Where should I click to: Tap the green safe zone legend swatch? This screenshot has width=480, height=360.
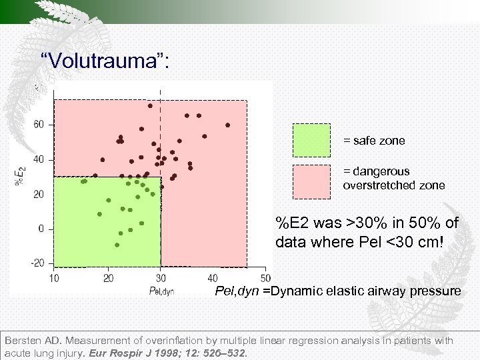coord(311,141)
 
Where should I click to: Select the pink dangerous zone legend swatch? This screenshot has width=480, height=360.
coord(311,181)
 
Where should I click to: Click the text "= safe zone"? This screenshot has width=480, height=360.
coord(373,141)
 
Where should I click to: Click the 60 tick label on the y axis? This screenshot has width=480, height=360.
coord(39,125)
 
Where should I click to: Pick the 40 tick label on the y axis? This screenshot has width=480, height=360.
coord(39,159)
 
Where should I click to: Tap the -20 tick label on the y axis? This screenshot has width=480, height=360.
coord(37,263)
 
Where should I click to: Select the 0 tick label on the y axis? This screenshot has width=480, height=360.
coord(42,229)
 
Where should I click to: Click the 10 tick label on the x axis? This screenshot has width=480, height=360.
coord(54,277)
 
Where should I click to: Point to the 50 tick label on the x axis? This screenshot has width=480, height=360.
coord(265,277)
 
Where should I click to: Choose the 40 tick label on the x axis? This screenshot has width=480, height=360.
coord(213,277)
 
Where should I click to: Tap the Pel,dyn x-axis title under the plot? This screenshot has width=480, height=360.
coord(161,290)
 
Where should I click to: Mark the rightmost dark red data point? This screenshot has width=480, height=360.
coord(227,125)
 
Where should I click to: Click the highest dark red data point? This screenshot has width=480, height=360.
coord(150,105)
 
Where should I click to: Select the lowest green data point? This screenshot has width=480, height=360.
coord(117,245)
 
